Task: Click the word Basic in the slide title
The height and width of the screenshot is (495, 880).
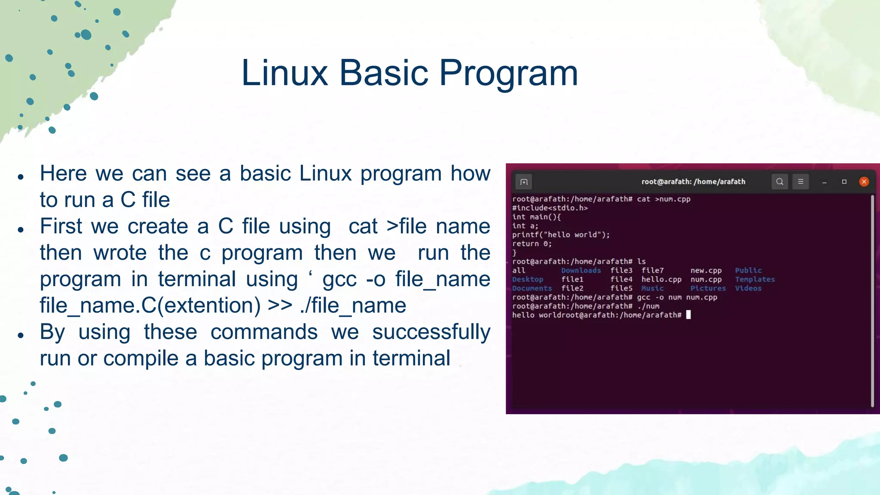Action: pyautogui.click(x=384, y=73)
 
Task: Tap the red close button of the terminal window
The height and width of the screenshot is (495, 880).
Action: pyautogui.click(x=864, y=182)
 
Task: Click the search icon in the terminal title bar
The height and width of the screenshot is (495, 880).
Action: pyautogui.click(x=779, y=182)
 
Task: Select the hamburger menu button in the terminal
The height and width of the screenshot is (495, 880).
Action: pyautogui.click(x=801, y=182)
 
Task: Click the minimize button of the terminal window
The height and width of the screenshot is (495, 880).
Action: pyautogui.click(x=824, y=182)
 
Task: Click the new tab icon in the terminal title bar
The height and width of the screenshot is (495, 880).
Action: pyautogui.click(x=523, y=182)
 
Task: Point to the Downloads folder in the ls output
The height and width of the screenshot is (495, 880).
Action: pyautogui.click(x=581, y=270)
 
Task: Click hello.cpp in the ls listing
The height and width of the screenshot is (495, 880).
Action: pyautogui.click(x=661, y=279)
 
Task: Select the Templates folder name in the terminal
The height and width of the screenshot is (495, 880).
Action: pyautogui.click(x=755, y=279)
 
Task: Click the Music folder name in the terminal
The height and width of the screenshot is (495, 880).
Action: pyautogui.click(x=652, y=288)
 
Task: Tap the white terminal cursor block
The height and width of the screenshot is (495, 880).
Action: pyautogui.click(x=688, y=315)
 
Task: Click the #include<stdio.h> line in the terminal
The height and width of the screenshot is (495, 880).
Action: pyautogui.click(x=550, y=208)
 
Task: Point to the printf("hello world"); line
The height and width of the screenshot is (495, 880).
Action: pyautogui.click(x=561, y=235)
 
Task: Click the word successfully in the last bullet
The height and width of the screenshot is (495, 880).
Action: pyautogui.click(x=431, y=332)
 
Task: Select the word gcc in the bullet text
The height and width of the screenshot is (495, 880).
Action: pyautogui.click(x=339, y=279)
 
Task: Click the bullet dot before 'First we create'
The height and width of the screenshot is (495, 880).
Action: pyautogui.click(x=21, y=229)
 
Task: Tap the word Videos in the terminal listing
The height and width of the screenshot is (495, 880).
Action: pyautogui.click(x=748, y=288)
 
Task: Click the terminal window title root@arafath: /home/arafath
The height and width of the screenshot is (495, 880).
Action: pyautogui.click(x=693, y=182)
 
